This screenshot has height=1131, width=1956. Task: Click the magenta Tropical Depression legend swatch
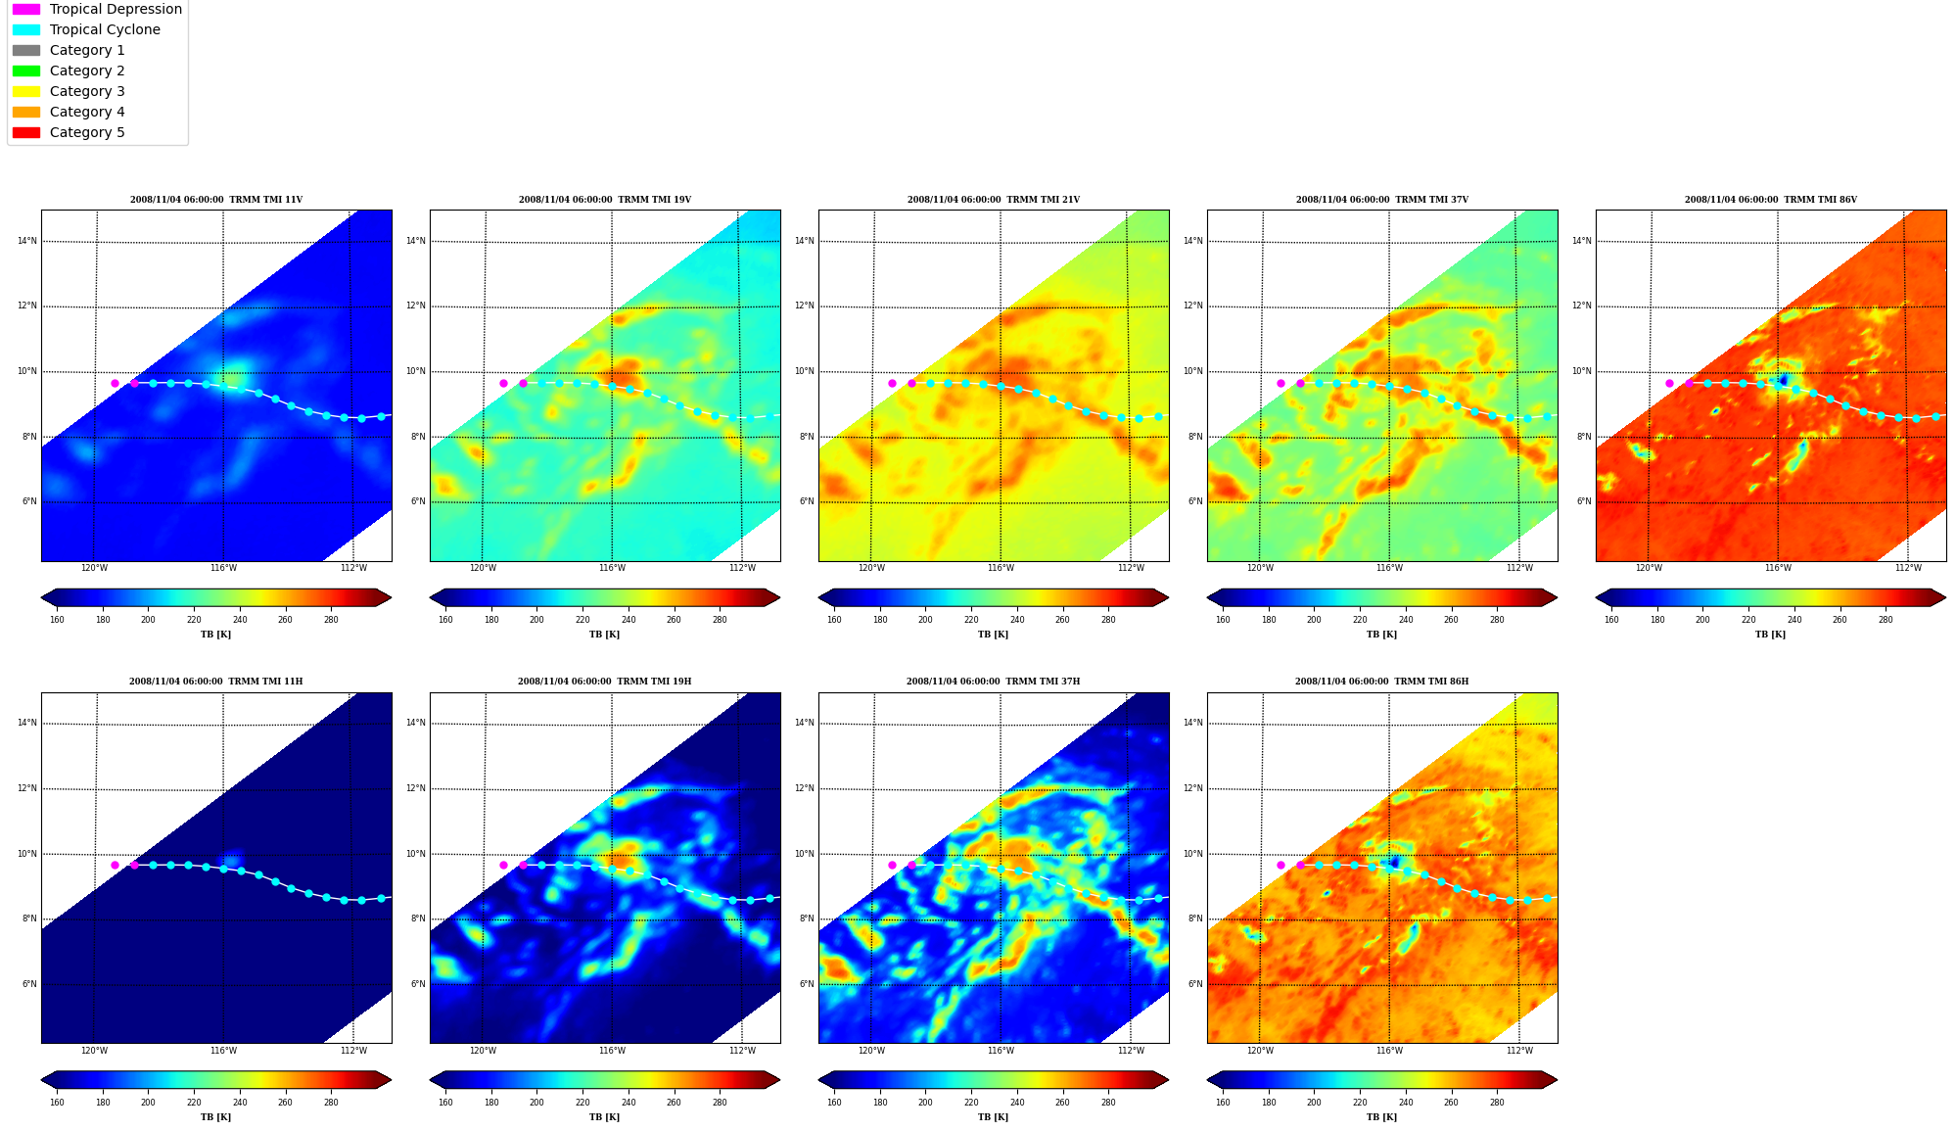[x=26, y=9]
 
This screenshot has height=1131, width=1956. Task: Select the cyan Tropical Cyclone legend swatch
[x=26, y=29]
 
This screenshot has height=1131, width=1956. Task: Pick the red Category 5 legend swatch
[x=26, y=132]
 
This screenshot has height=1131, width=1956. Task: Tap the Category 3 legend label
[x=87, y=91]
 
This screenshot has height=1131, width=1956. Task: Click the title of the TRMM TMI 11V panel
[x=216, y=200]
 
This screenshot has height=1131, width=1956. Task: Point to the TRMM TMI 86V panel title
[x=1770, y=200]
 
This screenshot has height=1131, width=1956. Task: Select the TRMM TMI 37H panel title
[x=993, y=682]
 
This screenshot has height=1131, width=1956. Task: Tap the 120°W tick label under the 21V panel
[x=871, y=568]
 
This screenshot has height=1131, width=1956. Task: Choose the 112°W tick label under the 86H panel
[x=1519, y=1051]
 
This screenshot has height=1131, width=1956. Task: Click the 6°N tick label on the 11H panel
[x=29, y=984]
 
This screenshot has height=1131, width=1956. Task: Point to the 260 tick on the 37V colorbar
[x=1451, y=620]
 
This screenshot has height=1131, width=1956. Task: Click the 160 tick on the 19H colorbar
[x=445, y=1103]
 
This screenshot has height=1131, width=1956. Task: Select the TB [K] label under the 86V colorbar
[x=1770, y=635]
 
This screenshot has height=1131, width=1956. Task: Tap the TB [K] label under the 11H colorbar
[x=216, y=1117]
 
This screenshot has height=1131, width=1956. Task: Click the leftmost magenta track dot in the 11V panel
[x=115, y=383]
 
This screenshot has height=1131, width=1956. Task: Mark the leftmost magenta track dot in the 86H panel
[x=1281, y=865]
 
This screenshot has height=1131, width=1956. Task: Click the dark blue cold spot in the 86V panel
[x=1783, y=380]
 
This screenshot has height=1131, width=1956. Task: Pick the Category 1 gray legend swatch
[x=26, y=50]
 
